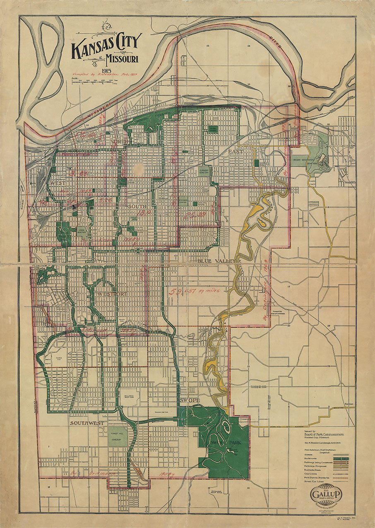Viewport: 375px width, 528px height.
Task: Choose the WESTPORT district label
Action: (x=112, y=294)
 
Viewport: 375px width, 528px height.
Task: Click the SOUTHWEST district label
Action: (x=87, y=423)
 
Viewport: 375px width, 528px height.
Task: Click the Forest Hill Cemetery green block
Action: (x=118, y=437)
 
